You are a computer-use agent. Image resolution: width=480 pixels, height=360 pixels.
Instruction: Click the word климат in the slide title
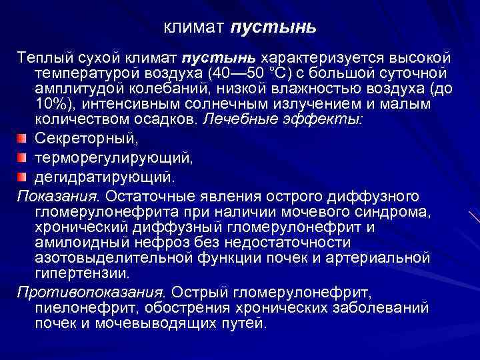(195, 29)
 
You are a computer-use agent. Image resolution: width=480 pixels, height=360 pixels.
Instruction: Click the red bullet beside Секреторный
(23, 138)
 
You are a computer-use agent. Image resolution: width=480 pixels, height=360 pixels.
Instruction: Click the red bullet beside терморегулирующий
(23, 158)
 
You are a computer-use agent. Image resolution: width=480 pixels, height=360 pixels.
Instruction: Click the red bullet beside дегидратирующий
(23, 177)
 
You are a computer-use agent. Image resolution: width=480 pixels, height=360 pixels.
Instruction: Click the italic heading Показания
(57, 196)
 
